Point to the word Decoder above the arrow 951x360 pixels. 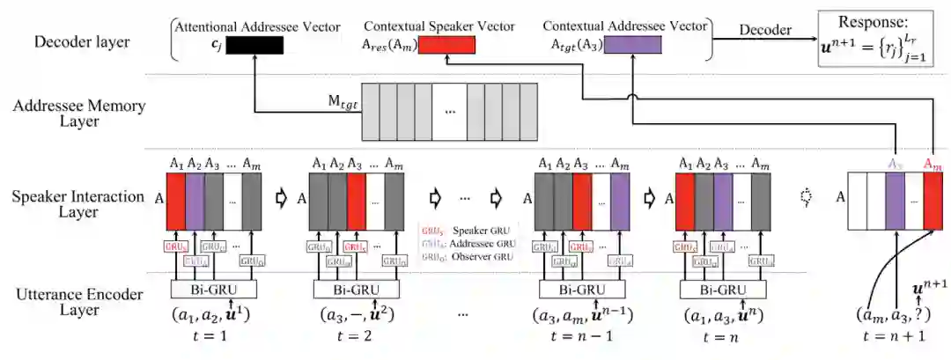coord(765,29)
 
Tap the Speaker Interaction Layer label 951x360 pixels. coord(79,205)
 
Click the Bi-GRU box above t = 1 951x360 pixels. coord(210,289)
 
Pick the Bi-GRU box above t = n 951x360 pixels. coord(719,289)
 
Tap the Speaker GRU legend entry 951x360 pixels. coord(468,231)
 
